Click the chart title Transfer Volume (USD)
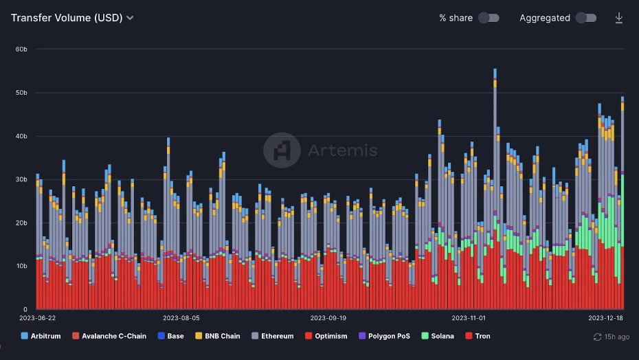point(67,18)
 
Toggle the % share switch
point(489,18)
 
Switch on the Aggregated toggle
point(585,18)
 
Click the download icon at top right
point(618,18)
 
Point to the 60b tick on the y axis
point(21,49)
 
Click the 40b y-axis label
point(21,136)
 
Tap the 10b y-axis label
point(21,266)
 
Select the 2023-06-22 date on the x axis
point(37,318)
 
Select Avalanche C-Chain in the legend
point(109,336)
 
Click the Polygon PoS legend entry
point(384,336)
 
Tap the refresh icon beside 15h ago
point(597,337)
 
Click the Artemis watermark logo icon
point(282,150)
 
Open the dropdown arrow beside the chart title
point(130,19)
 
